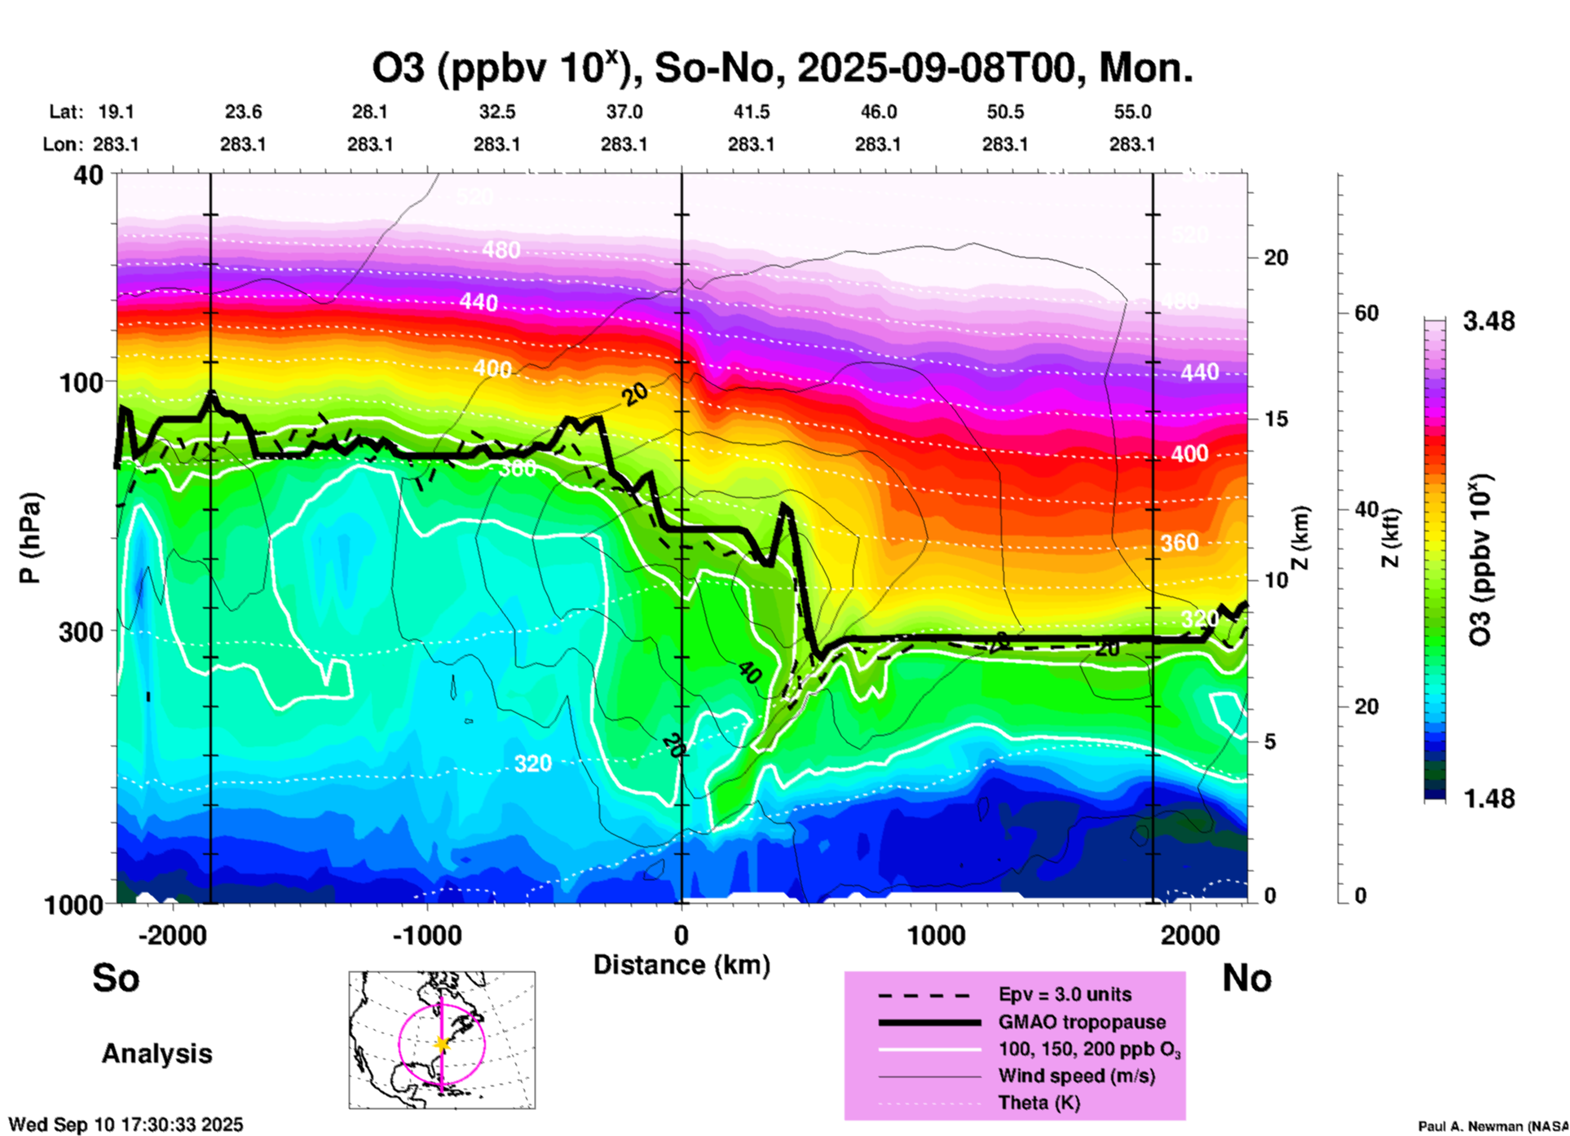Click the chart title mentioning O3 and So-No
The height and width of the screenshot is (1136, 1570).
783,68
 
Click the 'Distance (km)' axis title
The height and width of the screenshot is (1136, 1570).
681,965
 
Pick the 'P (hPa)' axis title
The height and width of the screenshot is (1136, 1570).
30,538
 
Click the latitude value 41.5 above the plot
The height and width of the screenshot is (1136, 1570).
751,112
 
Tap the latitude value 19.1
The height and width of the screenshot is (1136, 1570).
116,112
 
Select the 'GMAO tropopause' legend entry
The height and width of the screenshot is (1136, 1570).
1082,1022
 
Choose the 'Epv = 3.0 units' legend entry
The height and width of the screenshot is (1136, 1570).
1065,994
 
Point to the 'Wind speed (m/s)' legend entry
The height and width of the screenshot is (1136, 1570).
1076,1076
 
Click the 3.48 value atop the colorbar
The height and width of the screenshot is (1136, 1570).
1488,321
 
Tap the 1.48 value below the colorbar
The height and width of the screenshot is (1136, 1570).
1488,798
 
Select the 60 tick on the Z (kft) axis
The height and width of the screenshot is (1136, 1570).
1366,313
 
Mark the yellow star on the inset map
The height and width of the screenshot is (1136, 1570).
442,1044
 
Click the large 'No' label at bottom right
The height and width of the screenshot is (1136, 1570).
1246,978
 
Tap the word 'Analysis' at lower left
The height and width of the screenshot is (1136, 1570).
157,1053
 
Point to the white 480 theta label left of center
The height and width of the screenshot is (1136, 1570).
501,249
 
